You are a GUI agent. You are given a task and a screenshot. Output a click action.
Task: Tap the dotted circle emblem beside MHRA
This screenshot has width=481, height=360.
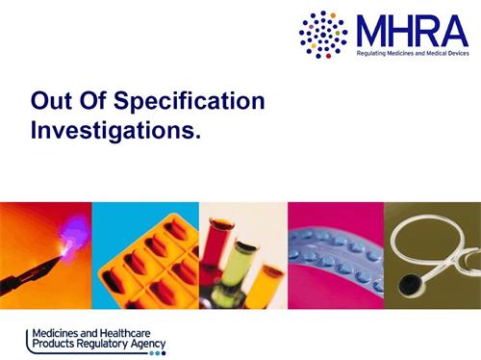[323, 34]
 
